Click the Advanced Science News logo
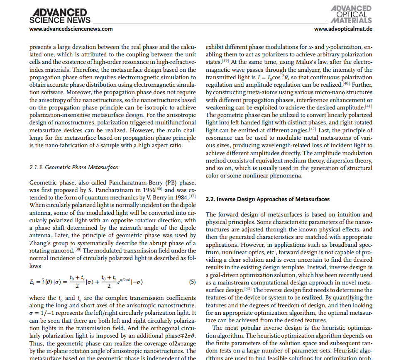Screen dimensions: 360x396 (x=60, y=16)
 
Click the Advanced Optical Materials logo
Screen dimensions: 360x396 (x=351, y=15)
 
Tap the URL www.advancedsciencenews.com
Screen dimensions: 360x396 (x=71, y=29)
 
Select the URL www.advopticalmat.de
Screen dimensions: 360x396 (x=343, y=29)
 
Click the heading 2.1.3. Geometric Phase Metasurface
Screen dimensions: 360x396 (x=73, y=168)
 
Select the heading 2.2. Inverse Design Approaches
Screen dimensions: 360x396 (x=267, y=199)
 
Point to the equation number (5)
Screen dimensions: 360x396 (x=192, y=282)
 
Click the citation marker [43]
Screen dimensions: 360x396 (x=248, y=289)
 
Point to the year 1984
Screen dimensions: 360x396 (x=181, y=198)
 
